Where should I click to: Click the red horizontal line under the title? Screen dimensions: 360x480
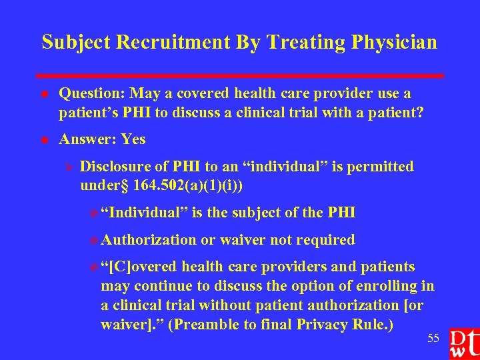pos(240,76)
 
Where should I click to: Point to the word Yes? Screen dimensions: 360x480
pos(133,139)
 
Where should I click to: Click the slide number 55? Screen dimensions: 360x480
pos(433,339)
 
